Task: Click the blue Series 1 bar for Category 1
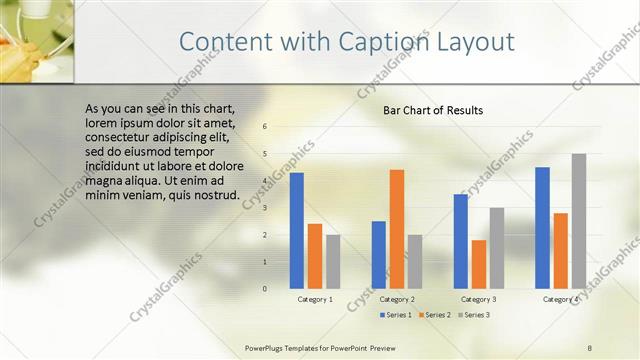pos(297,230)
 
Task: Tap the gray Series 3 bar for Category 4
pos(579,221)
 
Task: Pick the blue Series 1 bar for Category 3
pos(461,241)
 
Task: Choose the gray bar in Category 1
pos(333,261)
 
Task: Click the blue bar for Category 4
pos(543,227)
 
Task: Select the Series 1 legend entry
pos(397,315)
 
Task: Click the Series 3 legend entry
pos(474,315)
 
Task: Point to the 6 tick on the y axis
pos(265,127)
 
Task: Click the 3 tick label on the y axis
pos(265,208)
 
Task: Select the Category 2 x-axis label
pos(397,299)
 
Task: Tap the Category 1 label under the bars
pos(315,299)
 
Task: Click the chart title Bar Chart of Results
pos(433,110)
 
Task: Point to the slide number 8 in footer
pos(590,347)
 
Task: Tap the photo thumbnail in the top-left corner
pos(37,41)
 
